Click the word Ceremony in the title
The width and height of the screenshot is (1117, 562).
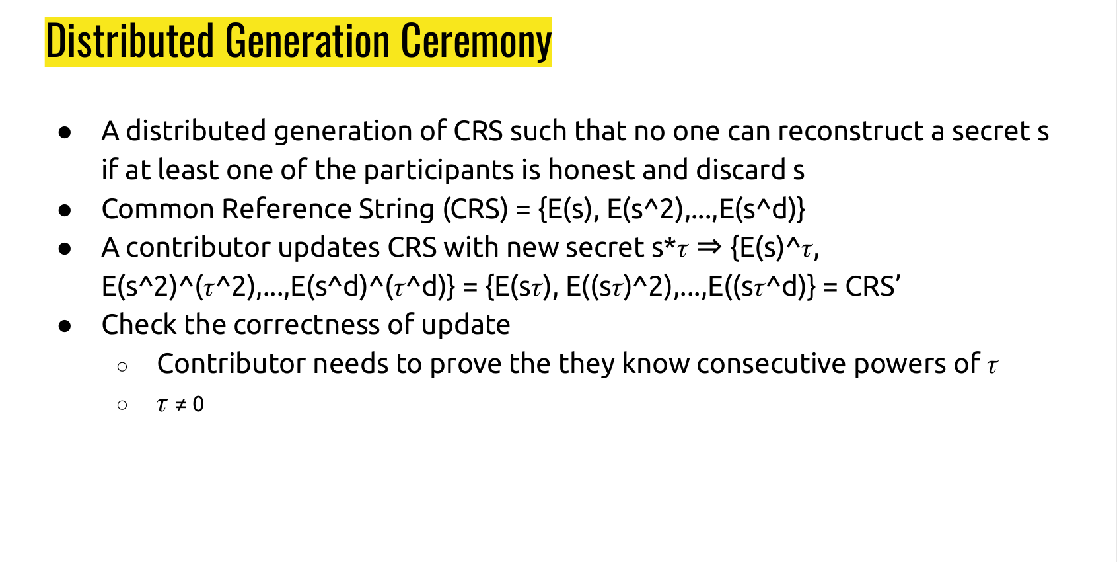click(476, 42)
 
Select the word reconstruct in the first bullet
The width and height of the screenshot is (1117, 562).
click(850, 131)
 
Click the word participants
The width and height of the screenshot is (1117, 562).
click(439, 171)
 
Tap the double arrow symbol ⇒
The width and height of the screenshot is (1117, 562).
click(709, 247)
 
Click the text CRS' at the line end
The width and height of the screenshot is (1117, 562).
click(872, 286)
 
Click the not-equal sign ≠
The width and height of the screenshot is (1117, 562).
click(180, 404)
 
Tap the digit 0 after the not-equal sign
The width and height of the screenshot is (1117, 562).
click(198, 404)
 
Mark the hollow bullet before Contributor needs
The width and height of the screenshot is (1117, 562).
click(122, 367)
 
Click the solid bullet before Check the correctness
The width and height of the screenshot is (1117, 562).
click(64, 326)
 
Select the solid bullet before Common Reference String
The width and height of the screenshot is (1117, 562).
click(64, 210)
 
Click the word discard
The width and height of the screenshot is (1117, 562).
click(740, 170)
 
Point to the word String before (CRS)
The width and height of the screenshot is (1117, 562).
click(396, 209)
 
